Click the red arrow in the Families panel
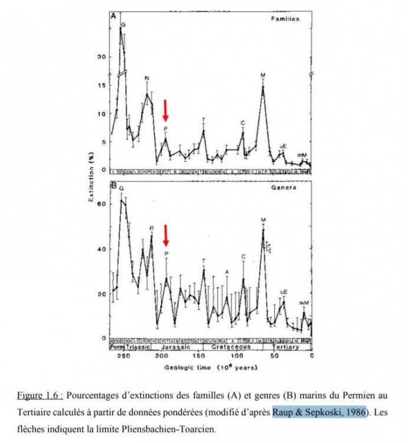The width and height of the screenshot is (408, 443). (166, 110)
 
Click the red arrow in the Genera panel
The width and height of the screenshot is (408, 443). (166, 235)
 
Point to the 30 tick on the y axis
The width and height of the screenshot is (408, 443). (101, 57)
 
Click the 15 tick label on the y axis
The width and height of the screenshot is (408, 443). (101, 86)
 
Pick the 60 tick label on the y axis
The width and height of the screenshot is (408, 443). (101, 204)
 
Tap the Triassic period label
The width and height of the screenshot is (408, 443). (139, 348)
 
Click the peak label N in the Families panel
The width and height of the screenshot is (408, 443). (147, 78)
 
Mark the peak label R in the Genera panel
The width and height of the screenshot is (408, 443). (152, 227)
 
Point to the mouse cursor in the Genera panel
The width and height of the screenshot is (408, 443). (267, 246)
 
